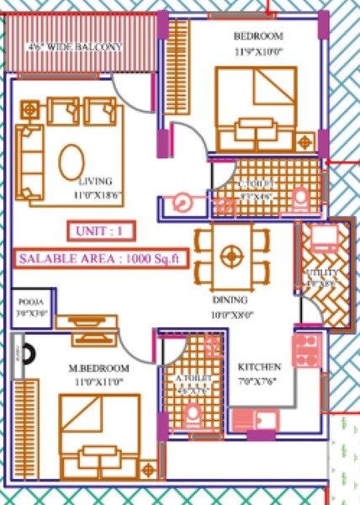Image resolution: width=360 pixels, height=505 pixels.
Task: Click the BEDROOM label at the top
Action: point(257,37)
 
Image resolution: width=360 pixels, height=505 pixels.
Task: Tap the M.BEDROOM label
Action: point(98,369)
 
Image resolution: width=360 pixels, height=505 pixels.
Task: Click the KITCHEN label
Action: point(260,368)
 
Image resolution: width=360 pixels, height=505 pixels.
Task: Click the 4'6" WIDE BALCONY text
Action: point(74,45)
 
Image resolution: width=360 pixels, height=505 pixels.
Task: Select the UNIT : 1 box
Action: point(98,230)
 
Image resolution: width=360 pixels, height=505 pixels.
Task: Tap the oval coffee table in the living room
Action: point(70,158)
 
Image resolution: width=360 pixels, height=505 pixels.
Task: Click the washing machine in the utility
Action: point(322,238)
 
